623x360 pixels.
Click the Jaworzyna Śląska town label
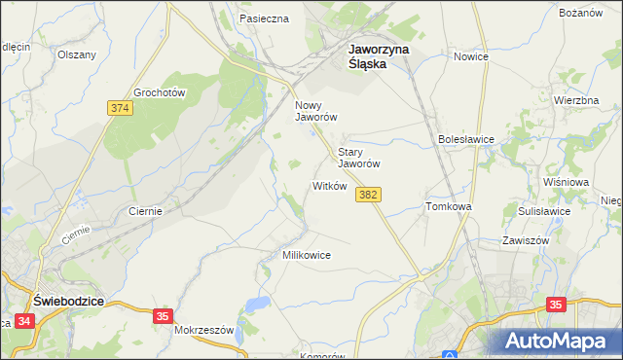click(x=380, y=55)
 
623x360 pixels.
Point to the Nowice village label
click(x=470, y=56)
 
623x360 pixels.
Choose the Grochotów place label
click(x=160, y=91)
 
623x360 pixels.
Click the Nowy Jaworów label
click(x=316, y=110)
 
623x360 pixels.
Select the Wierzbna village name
click(x=575, y=101)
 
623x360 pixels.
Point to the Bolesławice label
click(x=467, y=139)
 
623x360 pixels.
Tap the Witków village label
click(x=329, y=185)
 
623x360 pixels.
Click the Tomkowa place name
click(x=449, y=207)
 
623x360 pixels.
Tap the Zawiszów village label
click(x=526, y=239)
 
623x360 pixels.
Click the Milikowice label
click(x=307, y=255)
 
